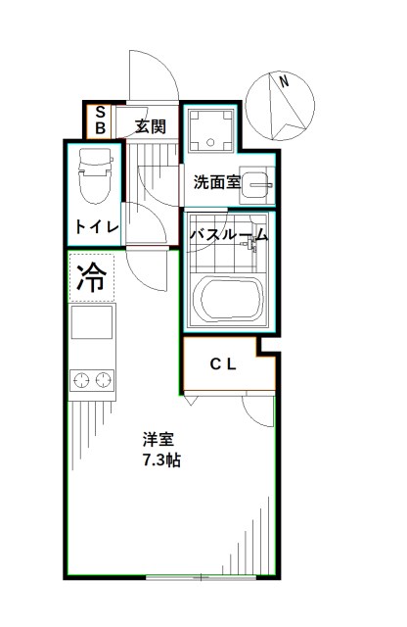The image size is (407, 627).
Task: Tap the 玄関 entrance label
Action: click(x=151, y=125)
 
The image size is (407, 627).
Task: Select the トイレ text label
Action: click(x=97, y=227)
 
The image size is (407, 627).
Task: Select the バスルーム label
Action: click(x=228, y=235)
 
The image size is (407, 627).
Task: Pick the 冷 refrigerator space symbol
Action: click(x=91, y=278)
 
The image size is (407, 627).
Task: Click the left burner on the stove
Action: click(x=80, y=377)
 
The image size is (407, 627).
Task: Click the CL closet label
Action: click(x=223, y=364)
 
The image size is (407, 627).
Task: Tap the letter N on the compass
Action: click(x=284, y=84)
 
